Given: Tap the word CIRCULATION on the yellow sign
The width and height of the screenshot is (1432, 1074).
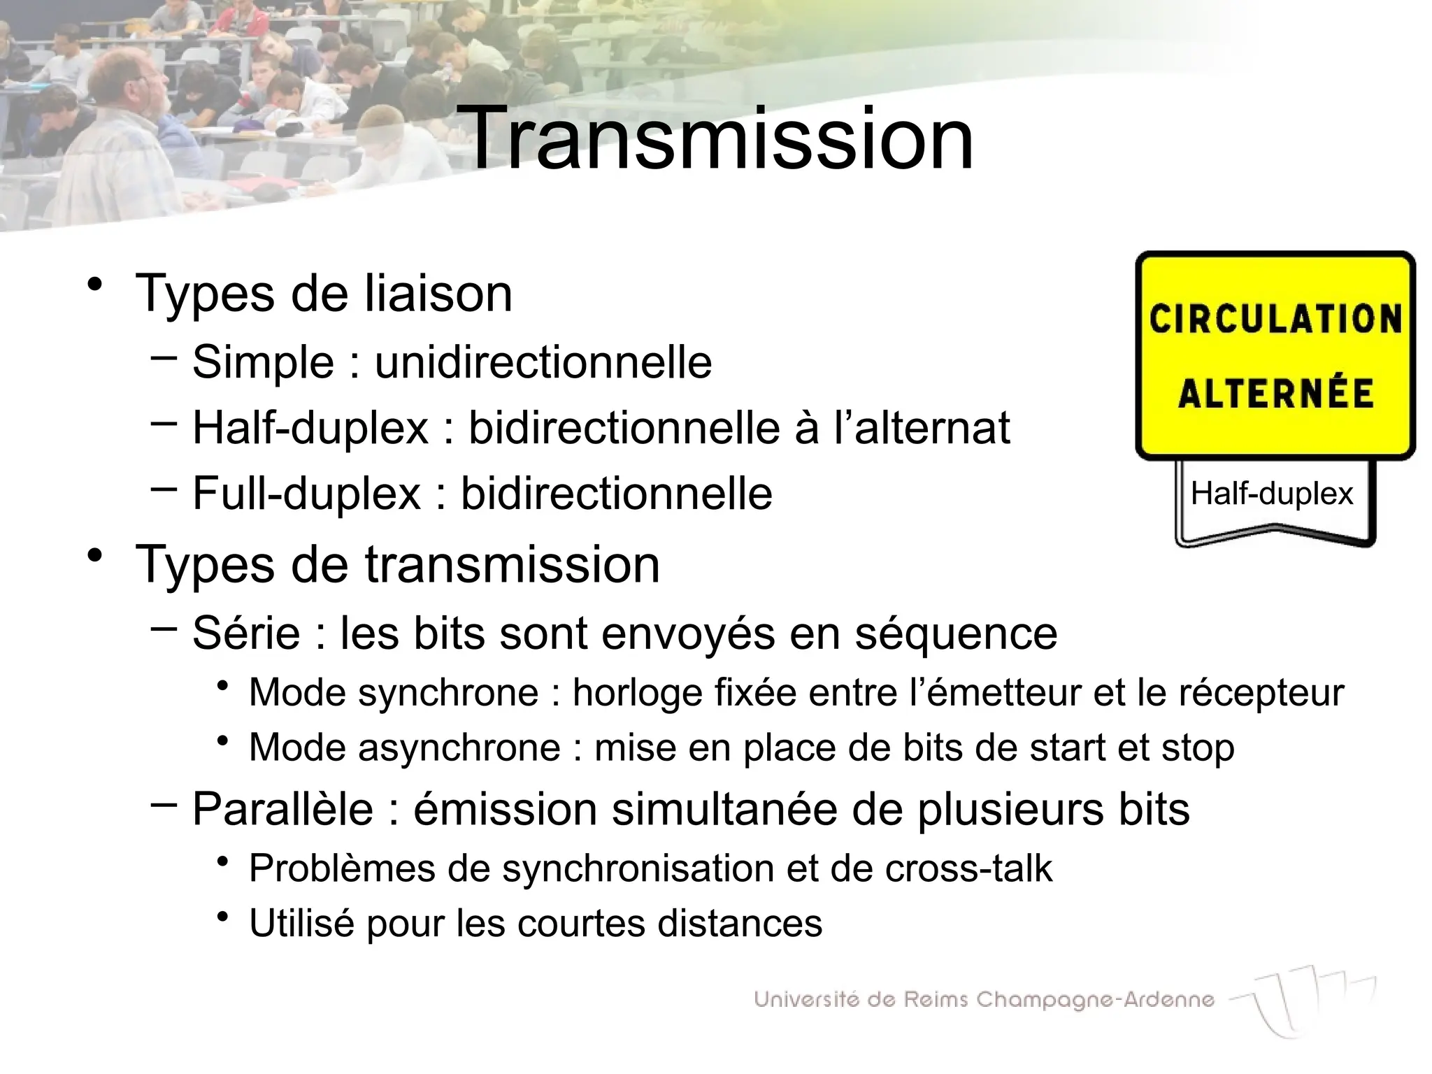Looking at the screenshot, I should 1275,320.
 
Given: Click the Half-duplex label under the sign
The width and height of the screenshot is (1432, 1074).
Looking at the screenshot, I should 1272,494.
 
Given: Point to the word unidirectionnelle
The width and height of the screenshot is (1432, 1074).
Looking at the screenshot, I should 543,362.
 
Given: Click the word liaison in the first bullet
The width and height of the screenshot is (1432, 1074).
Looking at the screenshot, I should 438,294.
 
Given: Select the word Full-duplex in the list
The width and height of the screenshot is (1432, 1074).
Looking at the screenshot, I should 306,494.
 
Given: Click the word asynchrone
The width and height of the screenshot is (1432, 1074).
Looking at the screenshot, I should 459,748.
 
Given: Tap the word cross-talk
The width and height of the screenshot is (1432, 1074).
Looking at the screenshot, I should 968,869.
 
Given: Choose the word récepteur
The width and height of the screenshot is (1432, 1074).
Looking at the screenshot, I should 1261,694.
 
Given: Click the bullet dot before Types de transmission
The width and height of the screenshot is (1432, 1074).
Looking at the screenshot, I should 96,557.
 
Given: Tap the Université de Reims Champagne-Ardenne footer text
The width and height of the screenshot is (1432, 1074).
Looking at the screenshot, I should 984,999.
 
